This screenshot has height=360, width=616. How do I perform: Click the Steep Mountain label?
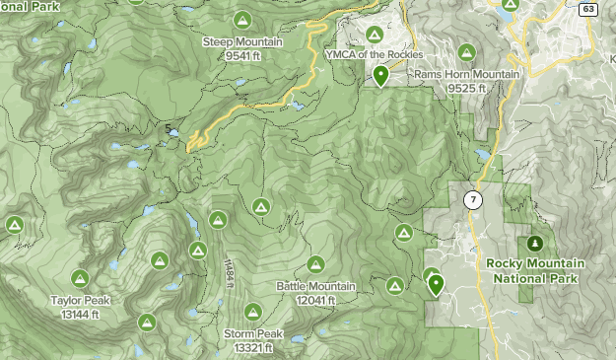coord(241,42)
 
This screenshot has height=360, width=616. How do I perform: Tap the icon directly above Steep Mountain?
coord(242,20)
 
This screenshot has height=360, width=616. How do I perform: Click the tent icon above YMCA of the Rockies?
coord(374,36)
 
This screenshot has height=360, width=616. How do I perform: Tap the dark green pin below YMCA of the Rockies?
coord(380,76)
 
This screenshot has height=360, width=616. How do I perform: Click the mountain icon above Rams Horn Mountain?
coord(459,55)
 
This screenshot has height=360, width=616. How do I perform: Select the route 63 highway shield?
coord(588,10)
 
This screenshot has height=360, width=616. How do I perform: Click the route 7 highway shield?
coord(474,200)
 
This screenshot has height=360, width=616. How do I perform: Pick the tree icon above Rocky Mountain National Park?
coord(535,243)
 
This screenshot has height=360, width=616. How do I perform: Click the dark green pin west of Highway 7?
coord(436,285)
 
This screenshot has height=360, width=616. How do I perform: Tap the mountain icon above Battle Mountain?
coord(315,264)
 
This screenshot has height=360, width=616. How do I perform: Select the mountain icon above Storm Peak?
coord(252,313)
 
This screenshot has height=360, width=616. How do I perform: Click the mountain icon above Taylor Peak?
coord(80,278)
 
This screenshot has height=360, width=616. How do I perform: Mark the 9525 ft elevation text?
coord(461,89)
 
